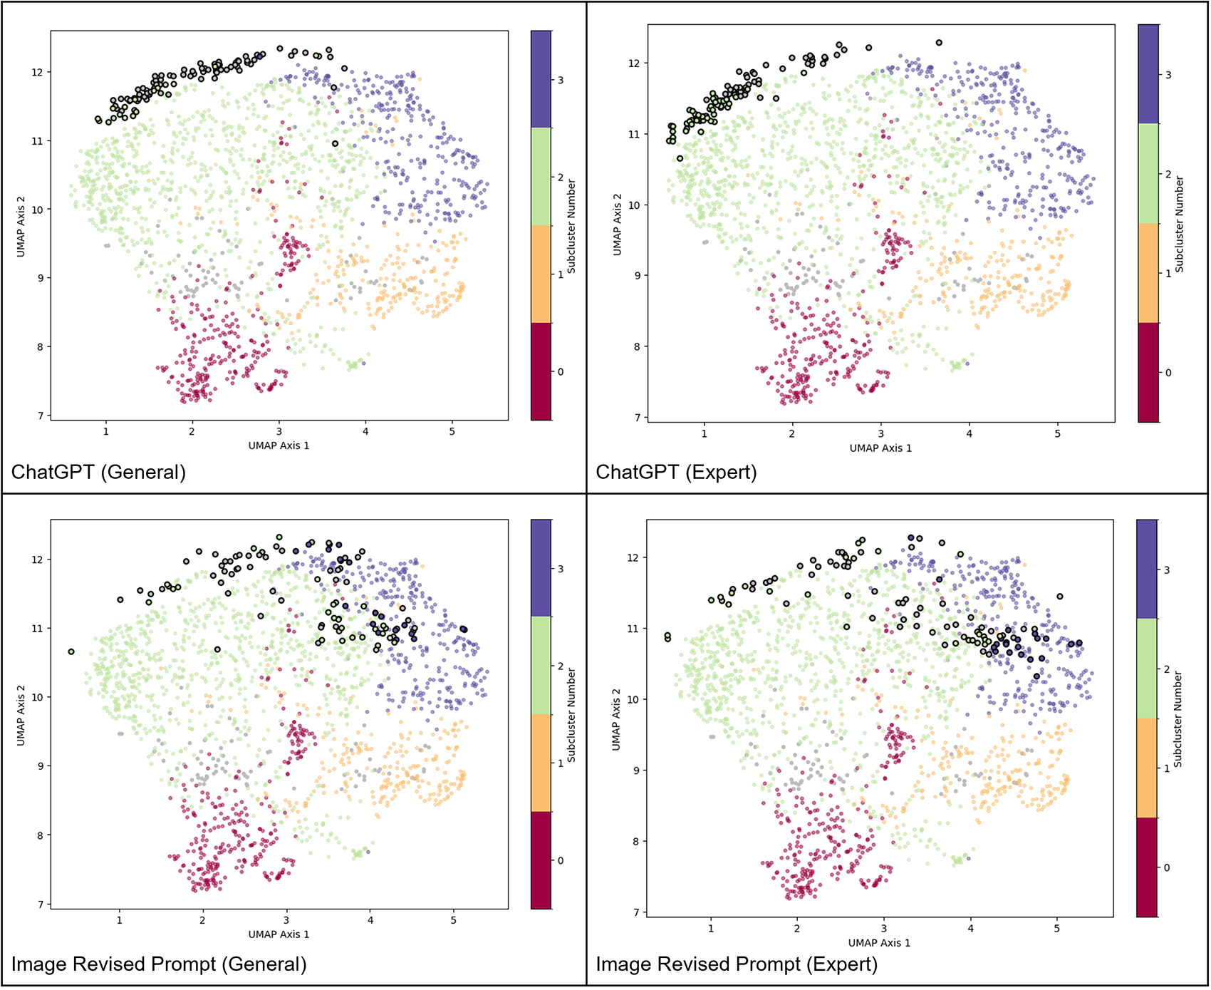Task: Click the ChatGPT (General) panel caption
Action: pyautogui.click(x=98, y=472)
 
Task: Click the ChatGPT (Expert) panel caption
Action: pyautogui.click(x=676, y=472)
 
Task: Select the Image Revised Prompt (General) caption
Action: pyautogui.click(x=159, y=964)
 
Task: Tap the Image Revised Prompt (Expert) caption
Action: pyautogui.click(x=737, y=964)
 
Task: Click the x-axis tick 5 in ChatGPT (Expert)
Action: pyautogui.click(x=1058, y=434)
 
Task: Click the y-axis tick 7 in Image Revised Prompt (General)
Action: pyautogui.click(x=41, y=904)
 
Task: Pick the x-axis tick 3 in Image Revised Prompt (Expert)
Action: pyautogui.click(x=884, y=929)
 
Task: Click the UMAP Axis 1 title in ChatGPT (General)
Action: pyautogui.click(x=279, y=445)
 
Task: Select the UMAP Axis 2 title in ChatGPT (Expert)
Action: pyautogui.click(x=618, y=224)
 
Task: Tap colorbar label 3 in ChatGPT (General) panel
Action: pyautogui.click(x=561, y=81)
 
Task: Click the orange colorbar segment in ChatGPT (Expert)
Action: pyautogui.click(x=1148, y=273)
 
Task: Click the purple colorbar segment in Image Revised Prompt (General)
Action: pyautogui.click(x=541, y=568)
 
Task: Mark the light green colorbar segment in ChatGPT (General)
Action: pyautogui.click(x=541, y=177)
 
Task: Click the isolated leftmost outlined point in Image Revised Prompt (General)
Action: pyautogui.click(x=71, y=651)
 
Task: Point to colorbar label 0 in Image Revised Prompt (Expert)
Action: pyautogui.click(x=1167, y=867)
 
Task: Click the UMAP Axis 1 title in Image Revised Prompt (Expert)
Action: pyautogui.click(x=879, y=943)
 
